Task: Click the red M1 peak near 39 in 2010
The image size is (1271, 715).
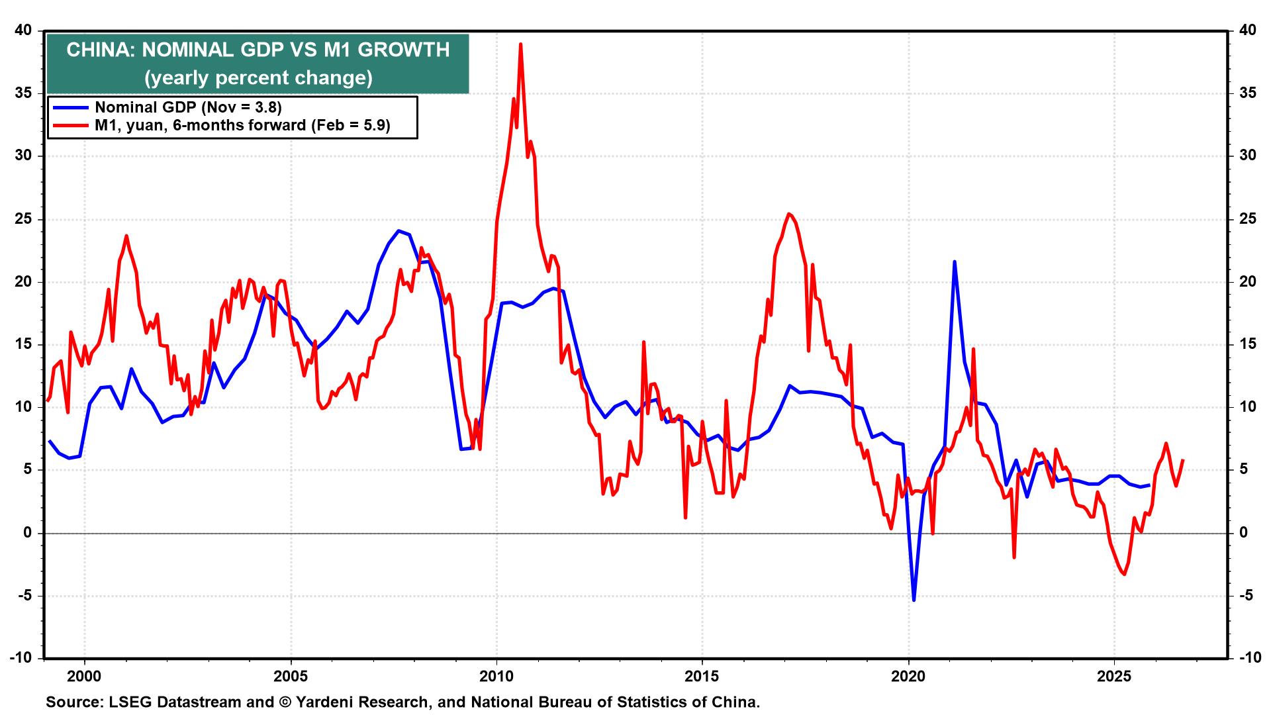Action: point(521,44)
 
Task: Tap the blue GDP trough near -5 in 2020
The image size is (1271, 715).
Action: point(914,600)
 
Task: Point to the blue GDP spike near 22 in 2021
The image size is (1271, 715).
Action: point(954,262)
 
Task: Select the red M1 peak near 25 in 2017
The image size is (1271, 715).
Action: point(788,214)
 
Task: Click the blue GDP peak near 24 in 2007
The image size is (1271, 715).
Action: point(398,231)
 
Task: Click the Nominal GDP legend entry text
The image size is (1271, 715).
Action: point(189,108)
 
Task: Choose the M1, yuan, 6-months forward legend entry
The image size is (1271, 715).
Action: point(242,125)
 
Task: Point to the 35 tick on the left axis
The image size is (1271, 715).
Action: point(23,93)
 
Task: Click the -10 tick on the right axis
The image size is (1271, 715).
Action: point(1247,658)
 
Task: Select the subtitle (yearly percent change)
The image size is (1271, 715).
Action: point(258,78)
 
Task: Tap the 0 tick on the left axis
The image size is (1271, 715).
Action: point(28,533)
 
